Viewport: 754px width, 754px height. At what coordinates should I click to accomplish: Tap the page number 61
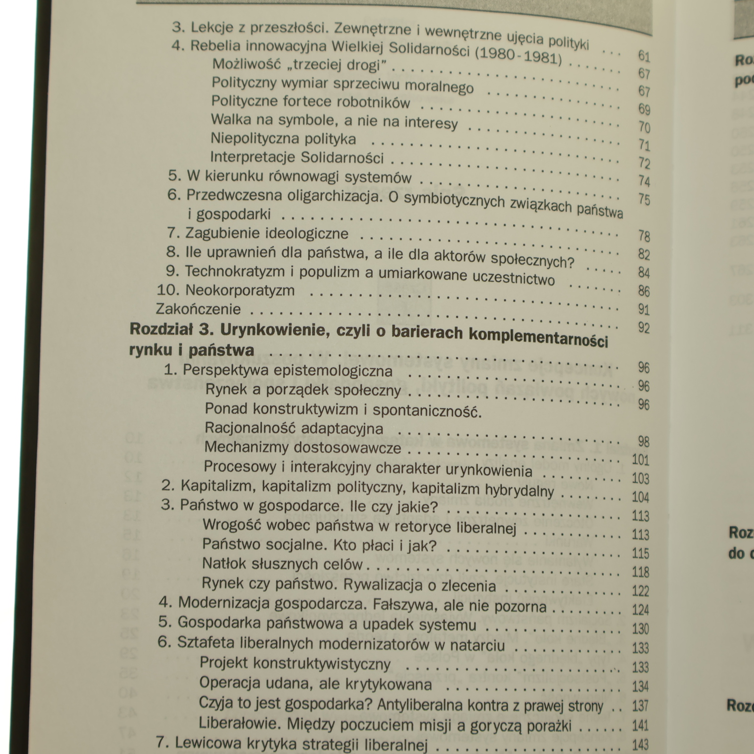(x=644, y=56)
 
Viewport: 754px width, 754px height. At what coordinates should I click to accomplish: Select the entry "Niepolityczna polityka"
(x=283, y=139)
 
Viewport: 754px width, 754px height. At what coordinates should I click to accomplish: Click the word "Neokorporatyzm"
(x=240, y=290)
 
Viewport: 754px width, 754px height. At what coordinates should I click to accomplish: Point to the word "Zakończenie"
(x=198, y=309)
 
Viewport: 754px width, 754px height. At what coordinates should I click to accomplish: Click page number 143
(x=640, y=745)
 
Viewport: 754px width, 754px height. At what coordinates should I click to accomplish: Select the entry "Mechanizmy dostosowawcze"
(x=303, y=447)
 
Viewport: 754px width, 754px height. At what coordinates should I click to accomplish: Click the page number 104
(x=640, y=497)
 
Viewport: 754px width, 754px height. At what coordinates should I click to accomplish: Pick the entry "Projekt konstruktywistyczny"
(x=295, y=664)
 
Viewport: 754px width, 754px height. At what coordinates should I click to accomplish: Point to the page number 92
(x=644, y=328)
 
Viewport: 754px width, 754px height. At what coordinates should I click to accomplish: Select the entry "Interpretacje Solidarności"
(x=297, y=157)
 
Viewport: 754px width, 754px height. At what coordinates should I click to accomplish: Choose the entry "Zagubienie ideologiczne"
(x=267, y=233)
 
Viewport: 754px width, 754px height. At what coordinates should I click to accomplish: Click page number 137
(x=640, y=705)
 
